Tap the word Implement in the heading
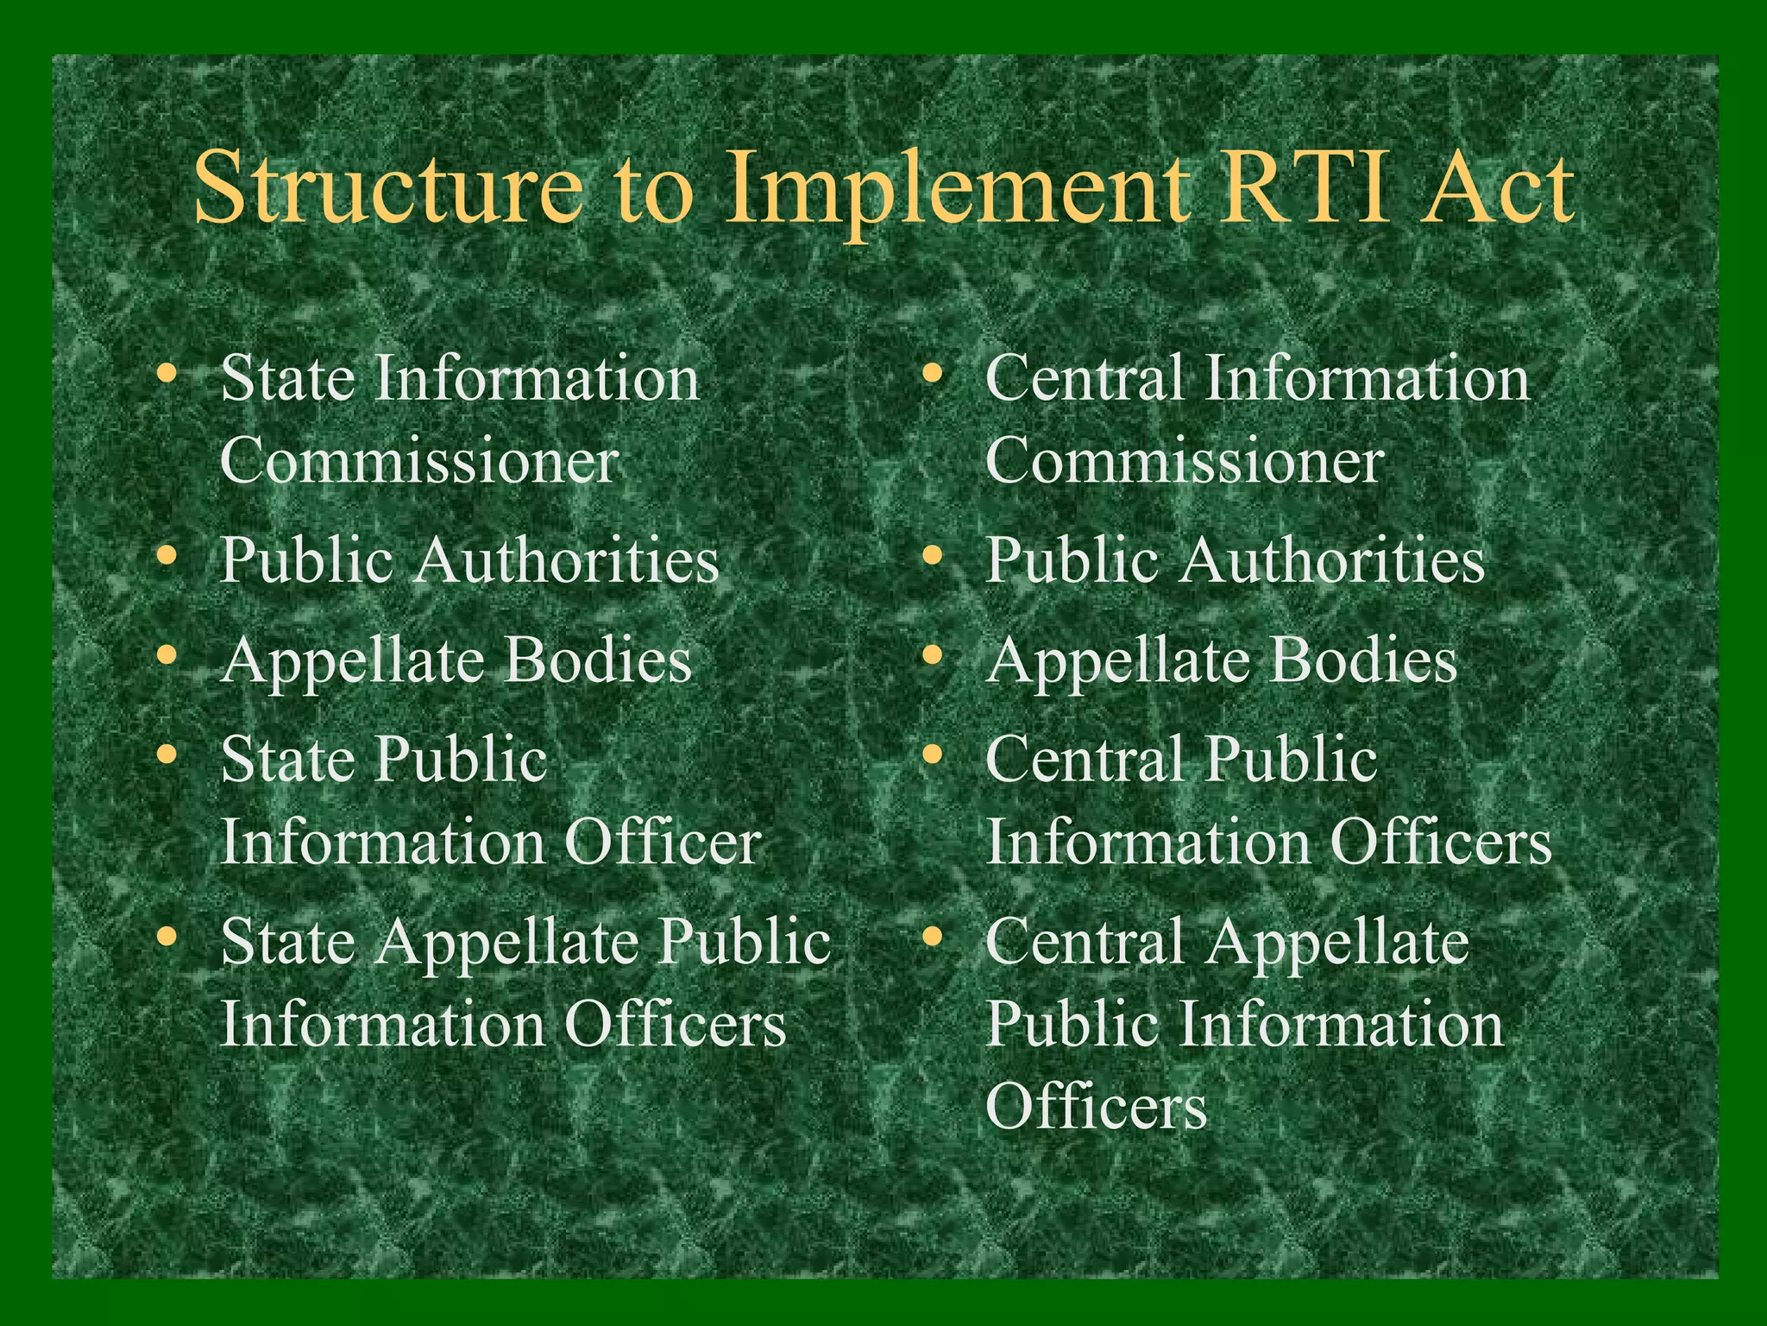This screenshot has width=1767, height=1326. tap(945, 188)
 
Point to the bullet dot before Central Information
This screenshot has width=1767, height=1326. tap(933, 374)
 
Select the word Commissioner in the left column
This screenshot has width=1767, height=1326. tap(419, 460)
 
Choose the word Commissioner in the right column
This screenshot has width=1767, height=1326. tap(1185, 460)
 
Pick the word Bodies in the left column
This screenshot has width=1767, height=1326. tap(598, 660)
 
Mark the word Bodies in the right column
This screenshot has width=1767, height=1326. tap(1364, 660)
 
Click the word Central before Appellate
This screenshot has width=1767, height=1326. tap(1085, 941)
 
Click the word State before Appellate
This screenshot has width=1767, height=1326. tap(288, 941)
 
